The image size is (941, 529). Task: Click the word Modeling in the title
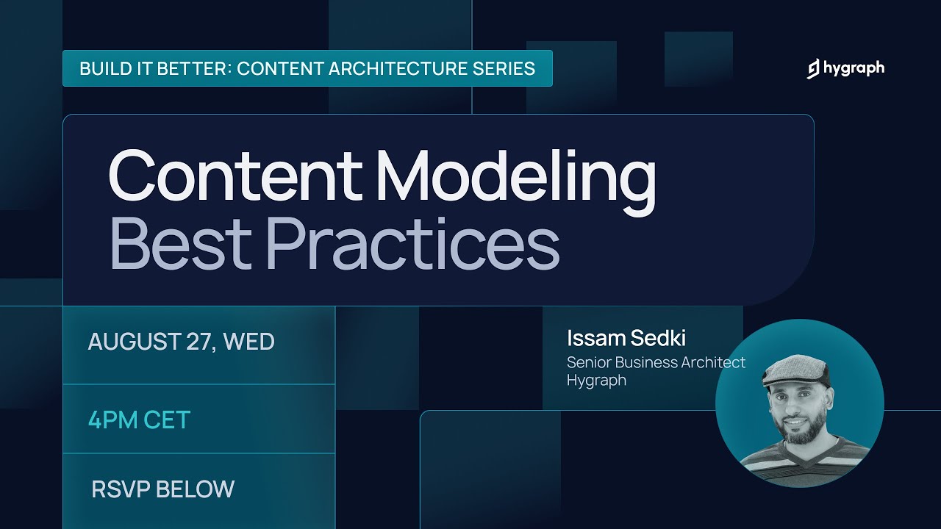[x=515, y=176]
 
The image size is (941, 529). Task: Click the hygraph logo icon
[x=813, y=69]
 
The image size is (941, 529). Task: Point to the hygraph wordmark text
[x=854, y=69]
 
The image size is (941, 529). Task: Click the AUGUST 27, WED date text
[x=181, y=342]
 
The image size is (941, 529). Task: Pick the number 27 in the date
[x=197, y=342]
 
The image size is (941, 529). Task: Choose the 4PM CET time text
[x=139, y=420]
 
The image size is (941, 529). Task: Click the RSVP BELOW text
[x=162, y=489]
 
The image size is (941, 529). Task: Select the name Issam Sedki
[x=626, y=339]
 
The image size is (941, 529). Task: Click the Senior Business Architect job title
[x=656, y=362]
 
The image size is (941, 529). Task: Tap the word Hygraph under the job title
[x=596, y=381]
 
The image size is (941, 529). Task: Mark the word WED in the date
[x=248, y=342]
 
